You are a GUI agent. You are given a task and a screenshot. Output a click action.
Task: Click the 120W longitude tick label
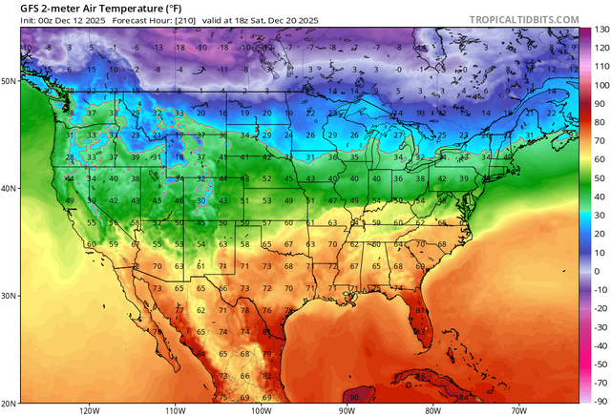pyautogui.click(x=91, y=410)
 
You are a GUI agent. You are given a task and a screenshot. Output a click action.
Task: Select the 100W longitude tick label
pyautogui.click(x=262, y=410)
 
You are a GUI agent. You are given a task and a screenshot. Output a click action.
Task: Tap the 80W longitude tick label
pyautogui.click(x=432, y=410)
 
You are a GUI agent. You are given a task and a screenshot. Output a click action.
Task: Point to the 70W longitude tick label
pyautogui.click(x=517, y=410)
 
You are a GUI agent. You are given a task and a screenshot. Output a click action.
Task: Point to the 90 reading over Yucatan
pyautogui.click(x=355, y=397)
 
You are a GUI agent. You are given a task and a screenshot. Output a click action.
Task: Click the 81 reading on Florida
pyautogui.click(x=421, y=310)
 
